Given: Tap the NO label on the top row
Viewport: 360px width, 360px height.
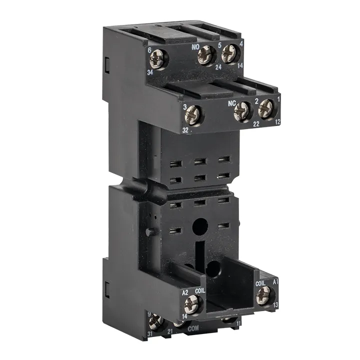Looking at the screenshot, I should click(197, 46).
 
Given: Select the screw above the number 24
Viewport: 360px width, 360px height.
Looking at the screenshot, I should click(206, 55).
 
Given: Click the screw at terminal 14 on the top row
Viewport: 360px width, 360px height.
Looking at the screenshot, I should click(229, 52).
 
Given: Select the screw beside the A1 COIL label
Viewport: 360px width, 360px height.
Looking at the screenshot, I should click(263, 294).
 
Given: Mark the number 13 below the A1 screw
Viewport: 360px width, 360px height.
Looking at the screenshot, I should click(275, 304).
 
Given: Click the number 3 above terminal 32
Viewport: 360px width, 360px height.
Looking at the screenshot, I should click(184, 107).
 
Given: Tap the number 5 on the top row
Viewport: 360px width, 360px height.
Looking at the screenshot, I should click(220, 45).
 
